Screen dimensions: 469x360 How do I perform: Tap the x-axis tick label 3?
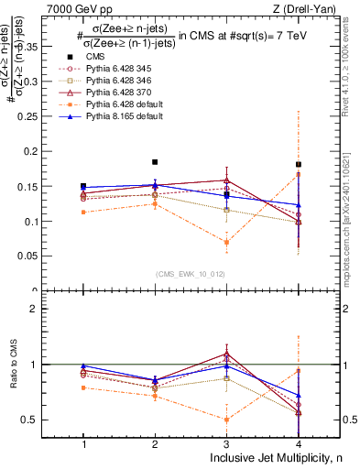click(x=226, y=444)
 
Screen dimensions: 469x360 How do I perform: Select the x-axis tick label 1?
click(x=83, y=444)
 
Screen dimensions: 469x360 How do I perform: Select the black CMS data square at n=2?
click(x=155, y=162)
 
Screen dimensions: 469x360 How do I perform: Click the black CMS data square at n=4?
click(x=299, y=165)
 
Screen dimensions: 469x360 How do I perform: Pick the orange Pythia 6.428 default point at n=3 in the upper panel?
click(x=226, y=242)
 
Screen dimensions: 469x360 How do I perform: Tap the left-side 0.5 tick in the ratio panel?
click(x=43, y=420)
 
